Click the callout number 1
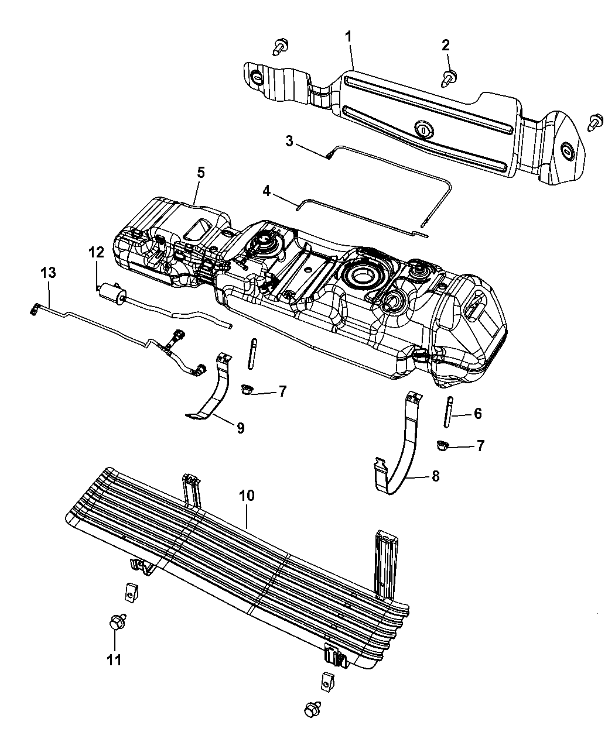pyautogui.click(x=348, y=36)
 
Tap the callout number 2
pyautogui.click(x=446, y=44)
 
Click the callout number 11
pyautogui.click(x=114, y=659)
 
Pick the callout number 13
pyautogui.click(x=49, y=272)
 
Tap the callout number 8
pyautogui.click(x=435, y=477)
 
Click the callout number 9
pyautogui.click(x=240, y=428)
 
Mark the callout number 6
pyautogui.click(x=477, y=414)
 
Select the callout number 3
pyautogui.click(x=289, y=140)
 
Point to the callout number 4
pyautogui.click(x=266, y=191)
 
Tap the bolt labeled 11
pyautogui.click(x=114, y=623)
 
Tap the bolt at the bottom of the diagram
pyautogui.click(x=311, y=709)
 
